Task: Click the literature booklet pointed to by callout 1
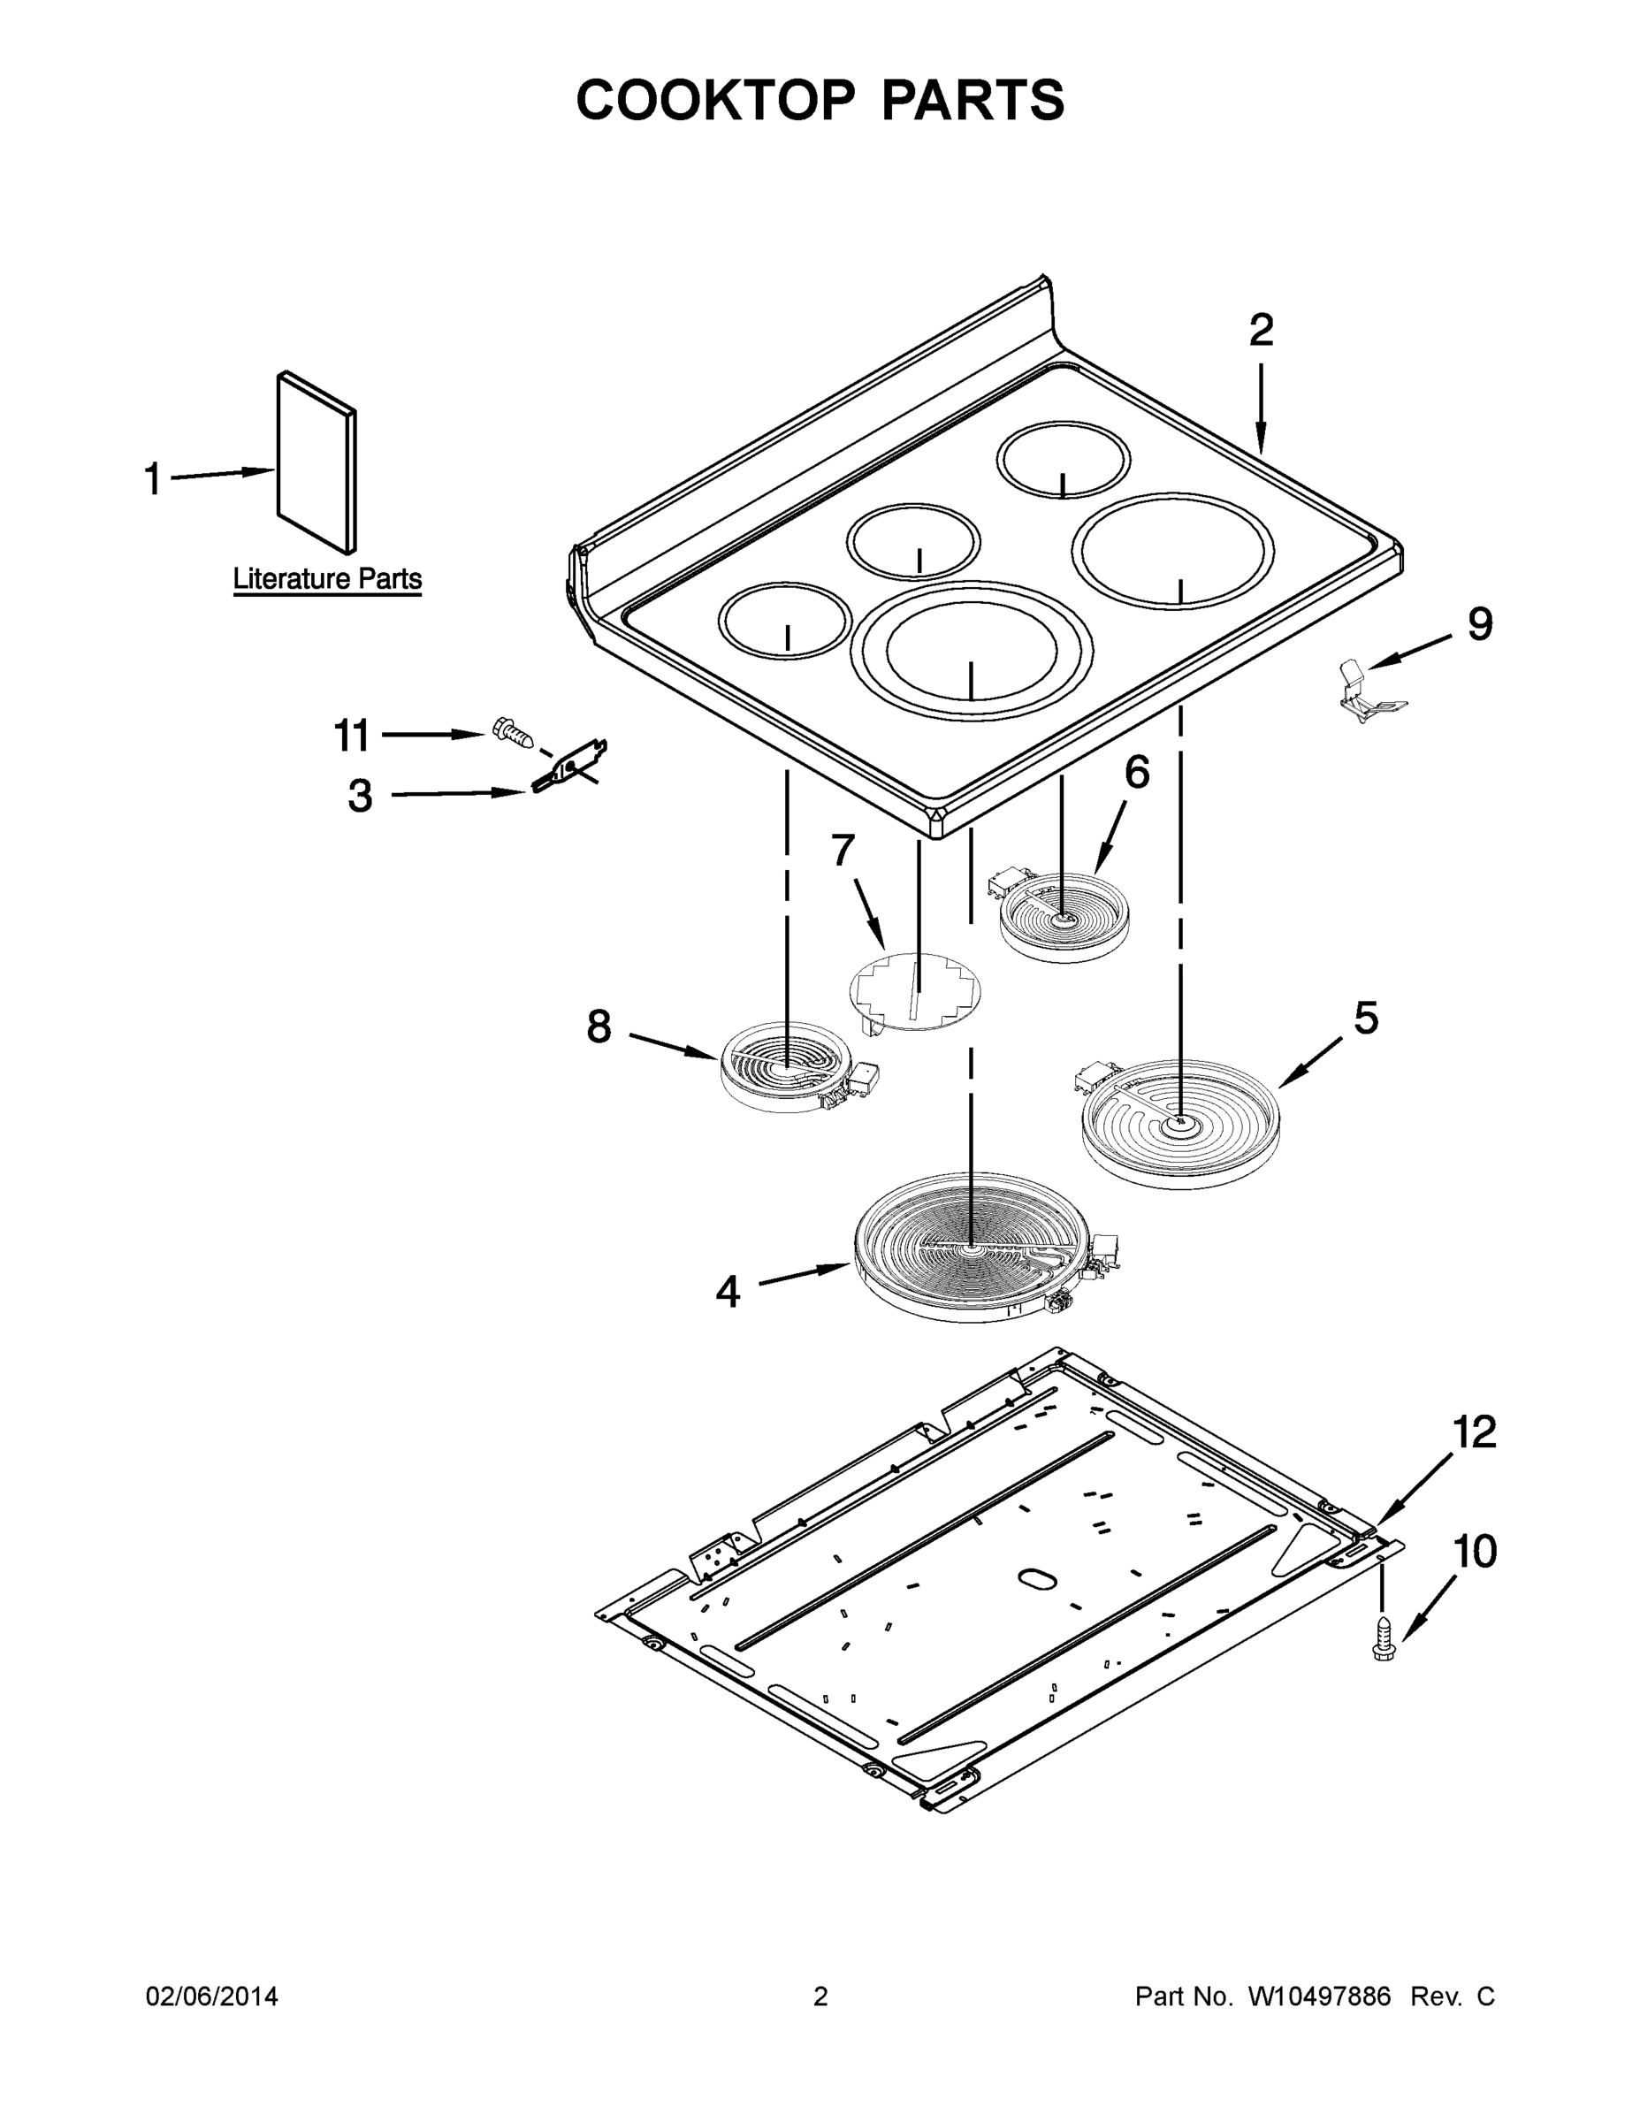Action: click(x=316, y=462)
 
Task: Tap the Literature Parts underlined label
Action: click(x=327, y=580)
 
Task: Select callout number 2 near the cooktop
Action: click(x=1260, y=332)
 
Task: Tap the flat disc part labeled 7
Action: click(x=914, y=991)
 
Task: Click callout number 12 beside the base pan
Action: click(x=1474, y=1433)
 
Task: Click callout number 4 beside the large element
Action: click(x=728, y=1291)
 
